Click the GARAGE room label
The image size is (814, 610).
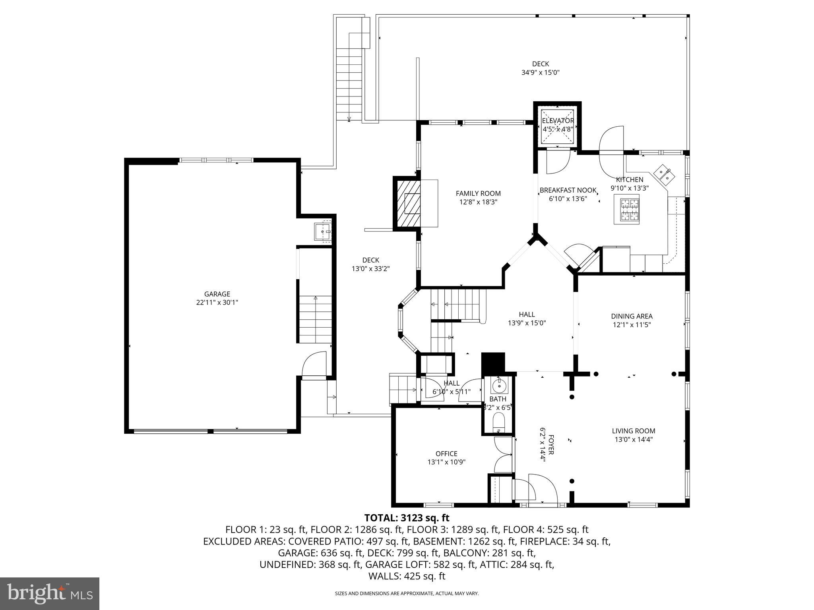217,294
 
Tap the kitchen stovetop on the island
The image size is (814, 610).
627,209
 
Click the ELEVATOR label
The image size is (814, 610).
558,121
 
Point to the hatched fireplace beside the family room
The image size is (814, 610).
407,204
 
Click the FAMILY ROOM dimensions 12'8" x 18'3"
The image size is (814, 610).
478,202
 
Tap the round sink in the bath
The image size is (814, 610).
498,386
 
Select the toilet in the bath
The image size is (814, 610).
498,422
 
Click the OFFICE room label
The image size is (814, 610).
446,454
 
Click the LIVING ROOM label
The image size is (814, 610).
634,431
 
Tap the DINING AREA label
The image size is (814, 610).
632,316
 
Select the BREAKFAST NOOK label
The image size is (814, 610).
568,190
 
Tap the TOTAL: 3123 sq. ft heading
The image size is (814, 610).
407,518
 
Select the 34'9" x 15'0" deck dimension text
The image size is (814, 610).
541,73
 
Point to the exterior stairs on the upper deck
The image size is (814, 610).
349,75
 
